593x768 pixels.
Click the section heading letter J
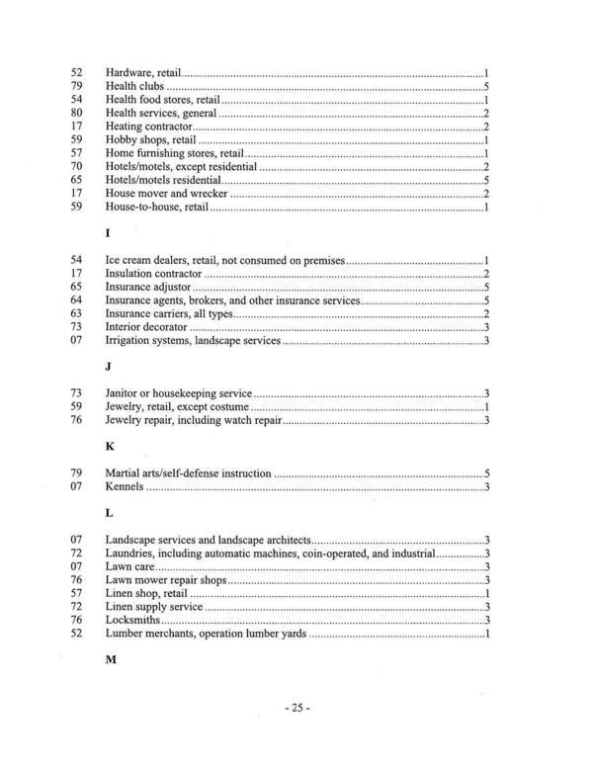click(108, 367)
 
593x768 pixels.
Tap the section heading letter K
click(110, 447)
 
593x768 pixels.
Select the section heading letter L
click(109, 514)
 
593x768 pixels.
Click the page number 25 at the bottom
click(296, 708)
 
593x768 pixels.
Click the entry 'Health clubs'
click(134, 87)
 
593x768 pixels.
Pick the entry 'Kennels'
click(125, 487)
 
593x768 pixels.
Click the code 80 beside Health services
click(78, 114)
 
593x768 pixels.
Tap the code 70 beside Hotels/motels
click(78, 167)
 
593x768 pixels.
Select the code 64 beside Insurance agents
click(78, 299)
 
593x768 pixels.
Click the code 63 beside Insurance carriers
click(78, 313)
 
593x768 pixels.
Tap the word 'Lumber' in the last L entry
click(125, 634)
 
